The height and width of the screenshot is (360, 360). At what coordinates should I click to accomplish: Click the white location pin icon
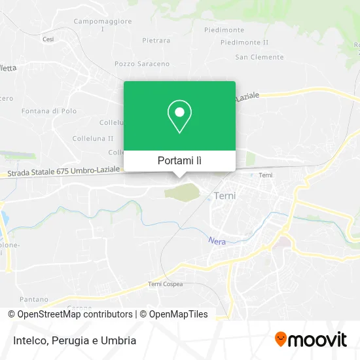[179, 117]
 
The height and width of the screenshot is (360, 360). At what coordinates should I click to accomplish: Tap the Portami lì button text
[179, 161]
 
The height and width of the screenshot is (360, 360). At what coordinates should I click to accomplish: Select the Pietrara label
[156, 41]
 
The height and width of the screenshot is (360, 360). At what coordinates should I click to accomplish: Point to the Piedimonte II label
[245, 43]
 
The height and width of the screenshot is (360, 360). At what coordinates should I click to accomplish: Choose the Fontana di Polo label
[49, 111]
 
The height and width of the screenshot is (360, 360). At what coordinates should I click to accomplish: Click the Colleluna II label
[92, 138]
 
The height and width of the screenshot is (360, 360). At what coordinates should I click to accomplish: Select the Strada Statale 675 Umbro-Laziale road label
[64, 171]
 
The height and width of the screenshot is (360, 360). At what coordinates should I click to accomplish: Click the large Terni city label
[226, 196]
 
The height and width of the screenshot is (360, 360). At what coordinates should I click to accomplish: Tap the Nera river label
[217, 242]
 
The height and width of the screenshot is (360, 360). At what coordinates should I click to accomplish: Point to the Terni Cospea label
[165, 284]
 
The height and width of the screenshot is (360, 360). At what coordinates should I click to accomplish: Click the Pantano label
[34, 299]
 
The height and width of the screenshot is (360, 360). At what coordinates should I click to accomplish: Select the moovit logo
[311, 340]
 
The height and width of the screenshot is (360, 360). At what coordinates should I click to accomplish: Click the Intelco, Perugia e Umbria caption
[73, 340]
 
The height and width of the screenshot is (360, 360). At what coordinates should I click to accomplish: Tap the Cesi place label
[48, 39]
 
